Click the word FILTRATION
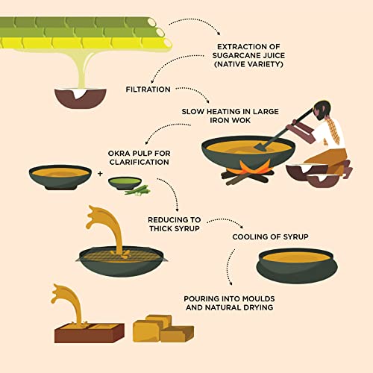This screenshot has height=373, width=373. tap(148, 90)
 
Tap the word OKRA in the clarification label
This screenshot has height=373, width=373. tap(119, 154)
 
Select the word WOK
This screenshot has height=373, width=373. tap(242, 120)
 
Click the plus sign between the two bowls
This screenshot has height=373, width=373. tap(100, 173)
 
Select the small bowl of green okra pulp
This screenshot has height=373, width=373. tap(125, 184)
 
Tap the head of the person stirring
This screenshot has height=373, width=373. tap(321, 109)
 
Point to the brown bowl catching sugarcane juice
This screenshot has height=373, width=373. tap(81, 98)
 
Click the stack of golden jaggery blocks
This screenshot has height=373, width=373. tap(163, 328)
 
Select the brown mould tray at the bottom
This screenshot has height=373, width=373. tap(90, 333)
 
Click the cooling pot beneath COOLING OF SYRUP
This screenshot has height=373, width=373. tap(297, 266)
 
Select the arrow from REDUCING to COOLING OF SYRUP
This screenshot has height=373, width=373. tap(225, 220)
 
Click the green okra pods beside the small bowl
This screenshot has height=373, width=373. tap(138, 191)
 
